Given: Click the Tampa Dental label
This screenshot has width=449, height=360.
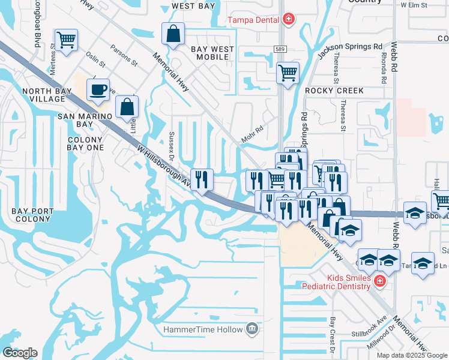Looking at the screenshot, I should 253,20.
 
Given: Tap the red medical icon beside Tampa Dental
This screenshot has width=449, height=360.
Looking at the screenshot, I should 289,20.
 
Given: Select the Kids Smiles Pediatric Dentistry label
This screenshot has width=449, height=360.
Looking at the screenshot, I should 349,282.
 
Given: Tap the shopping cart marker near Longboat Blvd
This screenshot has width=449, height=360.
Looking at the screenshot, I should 66,40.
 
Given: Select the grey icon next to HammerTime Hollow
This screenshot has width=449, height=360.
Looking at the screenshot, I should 252,329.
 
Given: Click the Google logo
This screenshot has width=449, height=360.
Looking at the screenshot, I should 19,353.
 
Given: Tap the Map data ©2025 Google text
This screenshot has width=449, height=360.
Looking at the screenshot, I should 411,355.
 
